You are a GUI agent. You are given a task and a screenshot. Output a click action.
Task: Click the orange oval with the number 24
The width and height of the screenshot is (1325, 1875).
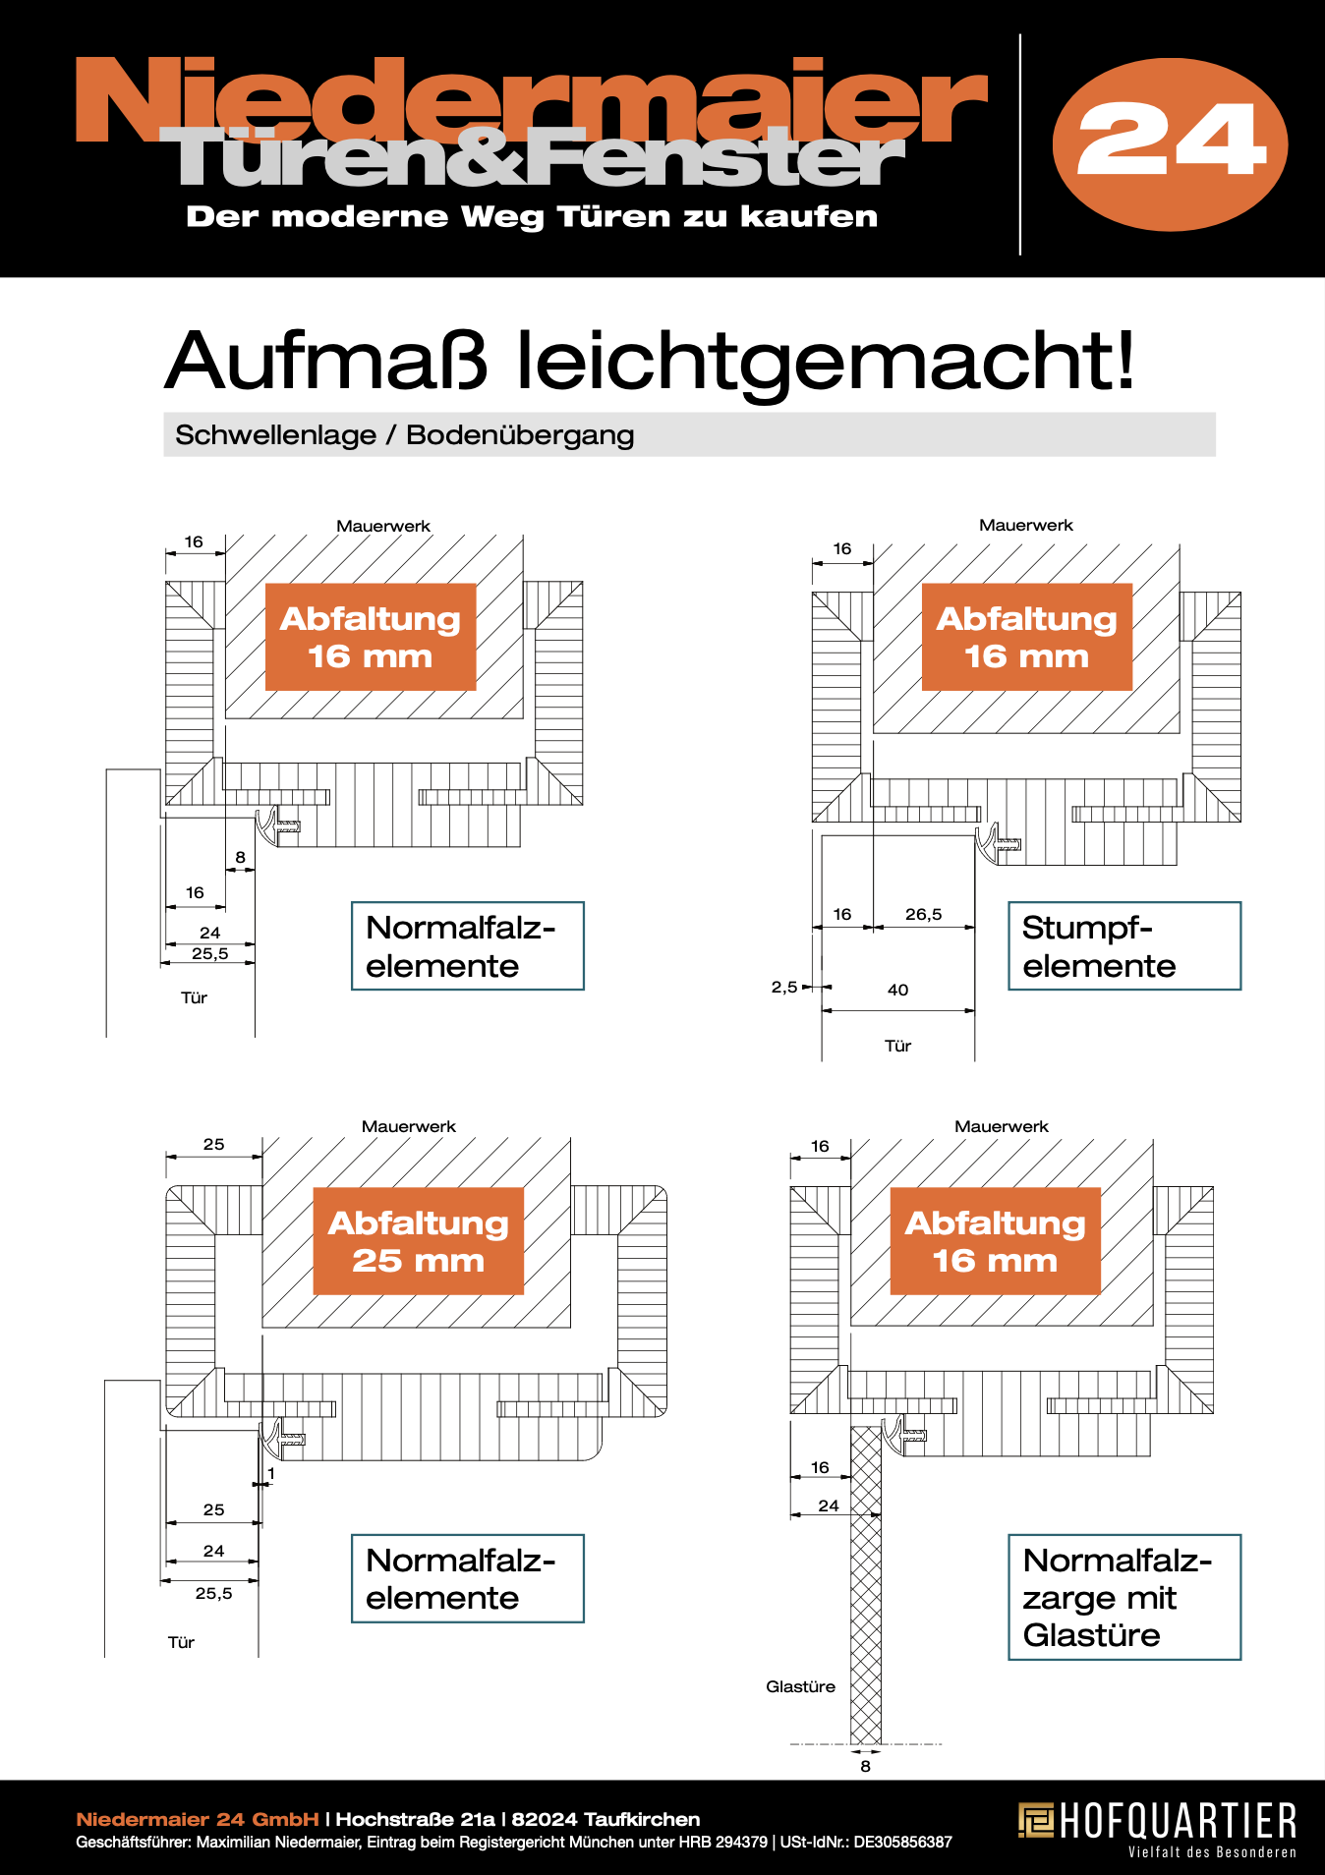[x=1170, y=143]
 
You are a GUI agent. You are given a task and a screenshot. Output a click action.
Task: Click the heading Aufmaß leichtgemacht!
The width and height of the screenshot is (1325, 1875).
[x=649, y=361]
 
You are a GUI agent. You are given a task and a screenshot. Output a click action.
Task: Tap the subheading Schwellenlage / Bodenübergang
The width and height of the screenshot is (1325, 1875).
[x=404, y=434]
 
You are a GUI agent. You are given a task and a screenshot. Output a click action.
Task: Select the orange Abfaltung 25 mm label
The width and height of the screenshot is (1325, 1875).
[x=418, y=1240]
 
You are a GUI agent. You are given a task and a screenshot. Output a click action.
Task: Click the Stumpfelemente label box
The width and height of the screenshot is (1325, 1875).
[x=1123, y=945]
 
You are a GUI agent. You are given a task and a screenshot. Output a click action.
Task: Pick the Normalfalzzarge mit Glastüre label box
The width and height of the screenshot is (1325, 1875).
[x=1123, y=1597]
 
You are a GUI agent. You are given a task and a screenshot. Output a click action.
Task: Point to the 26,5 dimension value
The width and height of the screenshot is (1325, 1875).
[x=923, y=914]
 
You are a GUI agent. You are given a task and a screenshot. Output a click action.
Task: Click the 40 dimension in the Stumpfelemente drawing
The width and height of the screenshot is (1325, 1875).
[x=897, y=990]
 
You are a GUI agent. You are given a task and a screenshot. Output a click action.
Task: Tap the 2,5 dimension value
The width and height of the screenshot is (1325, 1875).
[x=783, y=987]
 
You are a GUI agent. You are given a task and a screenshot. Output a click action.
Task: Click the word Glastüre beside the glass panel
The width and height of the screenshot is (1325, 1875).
[x=800, y=1686]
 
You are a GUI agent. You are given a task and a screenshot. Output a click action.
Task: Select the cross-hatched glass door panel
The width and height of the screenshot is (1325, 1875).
[x=866, y=1592]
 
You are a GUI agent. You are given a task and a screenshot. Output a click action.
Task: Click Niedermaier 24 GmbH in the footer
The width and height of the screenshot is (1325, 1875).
[x=198, y=1819]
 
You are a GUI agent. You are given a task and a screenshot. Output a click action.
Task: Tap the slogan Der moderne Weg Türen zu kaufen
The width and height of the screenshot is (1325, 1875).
[x=532, y=216]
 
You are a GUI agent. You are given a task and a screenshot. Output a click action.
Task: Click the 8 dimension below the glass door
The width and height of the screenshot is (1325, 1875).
[x=865, y=1766]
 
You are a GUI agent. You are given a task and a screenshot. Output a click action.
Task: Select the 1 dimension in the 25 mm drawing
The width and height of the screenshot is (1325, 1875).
[x=271, y=1474]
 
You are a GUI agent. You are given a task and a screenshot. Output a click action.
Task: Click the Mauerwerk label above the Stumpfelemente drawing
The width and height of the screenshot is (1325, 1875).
[x=1025, y=525]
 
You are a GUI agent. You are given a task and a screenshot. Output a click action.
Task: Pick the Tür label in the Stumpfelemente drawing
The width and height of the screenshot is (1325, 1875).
[x=897, y=1046]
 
